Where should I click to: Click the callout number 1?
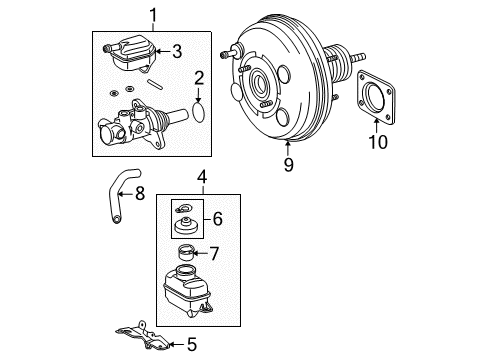[x=154, y=14]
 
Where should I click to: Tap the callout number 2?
[x=198, y=76]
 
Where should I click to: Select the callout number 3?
[x=176, y=51]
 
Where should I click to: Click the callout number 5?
[x=193, y=346]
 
